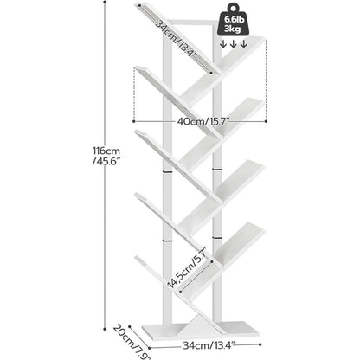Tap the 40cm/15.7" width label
click(x=202, y=121)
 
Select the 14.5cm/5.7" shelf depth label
click(x=187, y=267)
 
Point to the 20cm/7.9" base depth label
click(x=132, y=342)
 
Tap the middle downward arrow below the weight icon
click(x=233, y=44)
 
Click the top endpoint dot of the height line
click(x=105, y=2)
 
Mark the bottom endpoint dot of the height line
click(x=105, y=329)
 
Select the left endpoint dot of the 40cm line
click(x=134, y=121)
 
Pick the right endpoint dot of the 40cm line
click(x=266, y=121)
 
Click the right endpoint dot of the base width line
click(x=260, y=344)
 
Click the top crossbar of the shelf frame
click(x=190, y=22)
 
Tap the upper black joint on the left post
click(x=167, y=171)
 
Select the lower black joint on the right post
click(x=216, y=237)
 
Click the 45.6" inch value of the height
click(x=106, y=161)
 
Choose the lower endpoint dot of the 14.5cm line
click(x=180, y=292)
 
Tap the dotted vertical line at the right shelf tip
click(x=266, y=80)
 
